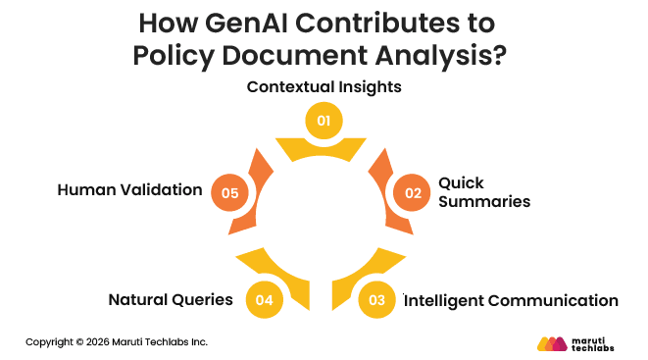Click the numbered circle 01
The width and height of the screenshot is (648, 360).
(x=324, y=121)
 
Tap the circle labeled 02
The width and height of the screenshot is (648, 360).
(x=412, y=192)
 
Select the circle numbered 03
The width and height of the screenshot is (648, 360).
(x=378, y=300)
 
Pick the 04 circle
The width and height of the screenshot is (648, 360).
(x=263, y=300)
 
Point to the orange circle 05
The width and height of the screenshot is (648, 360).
(x=230, y=192)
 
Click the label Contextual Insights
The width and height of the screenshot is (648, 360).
(x=324, y=86)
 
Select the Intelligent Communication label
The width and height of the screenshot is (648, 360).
(x=511, y=300)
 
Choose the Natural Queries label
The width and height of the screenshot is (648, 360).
(x=170, y=300)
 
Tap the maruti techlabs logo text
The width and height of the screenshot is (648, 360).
(x=597, y=343)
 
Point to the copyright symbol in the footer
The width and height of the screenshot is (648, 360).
(x=80, y=342)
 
